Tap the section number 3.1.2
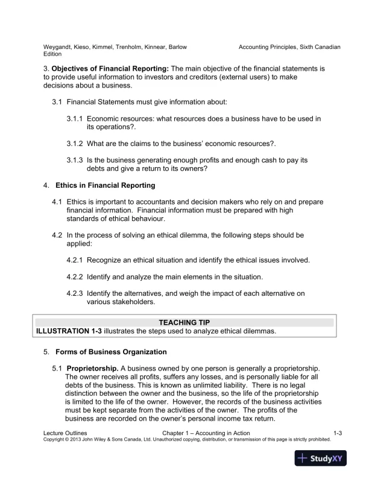75,143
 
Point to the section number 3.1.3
75,160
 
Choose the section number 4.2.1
75,260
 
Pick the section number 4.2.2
75,277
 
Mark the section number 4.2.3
75,294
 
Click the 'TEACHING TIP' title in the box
184,323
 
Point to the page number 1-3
338,433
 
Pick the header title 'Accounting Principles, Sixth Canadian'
289,46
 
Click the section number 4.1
58,201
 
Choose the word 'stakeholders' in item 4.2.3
130,302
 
